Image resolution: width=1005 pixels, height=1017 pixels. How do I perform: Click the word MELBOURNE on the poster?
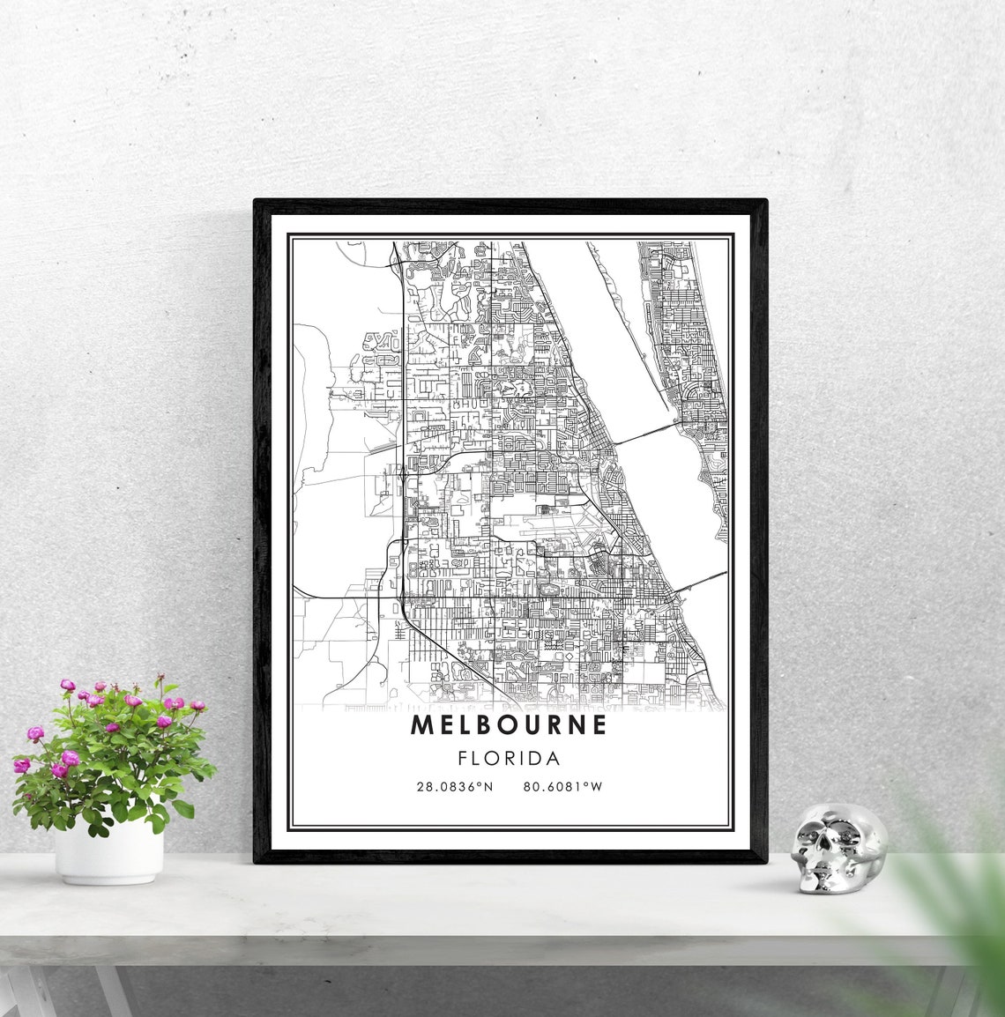509,725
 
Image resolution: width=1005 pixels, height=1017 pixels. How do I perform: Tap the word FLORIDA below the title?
509,758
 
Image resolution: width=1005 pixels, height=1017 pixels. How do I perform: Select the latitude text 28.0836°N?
455,786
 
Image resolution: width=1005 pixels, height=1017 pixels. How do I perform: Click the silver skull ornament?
837,847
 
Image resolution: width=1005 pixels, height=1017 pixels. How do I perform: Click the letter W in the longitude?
597,786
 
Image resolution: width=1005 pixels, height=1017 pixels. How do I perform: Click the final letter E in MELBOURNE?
600,725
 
